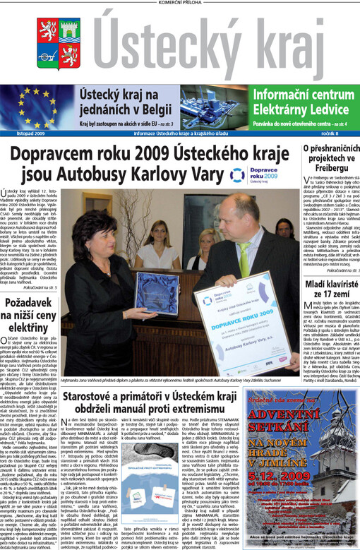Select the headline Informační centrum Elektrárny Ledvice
point(300,100)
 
